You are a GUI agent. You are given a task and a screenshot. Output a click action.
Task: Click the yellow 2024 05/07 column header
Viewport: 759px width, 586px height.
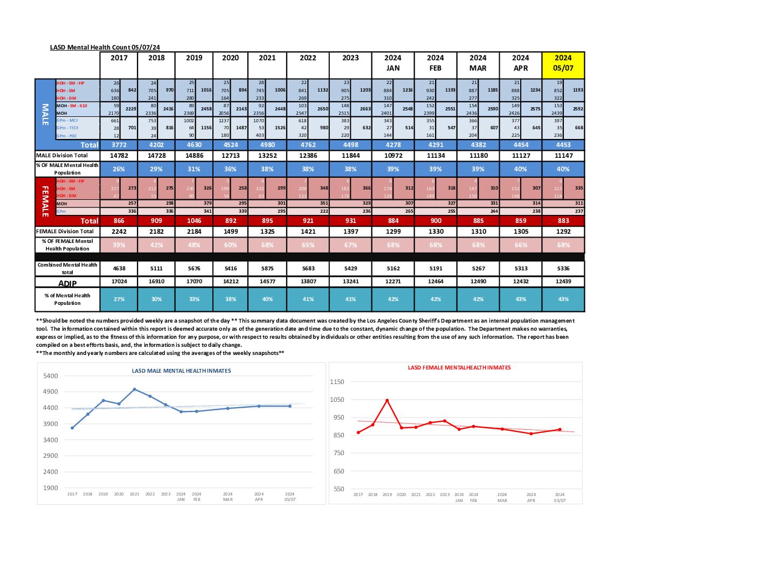point(563,63)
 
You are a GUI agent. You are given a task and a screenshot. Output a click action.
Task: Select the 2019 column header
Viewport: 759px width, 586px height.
point(194,58)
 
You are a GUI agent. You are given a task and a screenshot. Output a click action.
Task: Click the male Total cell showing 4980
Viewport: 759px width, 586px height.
point(267,145)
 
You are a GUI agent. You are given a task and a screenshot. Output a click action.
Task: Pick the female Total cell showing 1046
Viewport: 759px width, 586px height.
point(194,221)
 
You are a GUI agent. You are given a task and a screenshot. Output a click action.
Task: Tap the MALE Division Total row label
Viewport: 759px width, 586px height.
point(62,156)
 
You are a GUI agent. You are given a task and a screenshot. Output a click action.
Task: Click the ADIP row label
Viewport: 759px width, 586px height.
point(67,283)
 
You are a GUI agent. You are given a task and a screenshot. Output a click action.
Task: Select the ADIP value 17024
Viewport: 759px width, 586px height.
point(119,282)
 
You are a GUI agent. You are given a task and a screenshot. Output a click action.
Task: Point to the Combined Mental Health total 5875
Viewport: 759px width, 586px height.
point(267,268)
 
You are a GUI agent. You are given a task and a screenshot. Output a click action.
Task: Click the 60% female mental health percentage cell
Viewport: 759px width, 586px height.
point(230,245)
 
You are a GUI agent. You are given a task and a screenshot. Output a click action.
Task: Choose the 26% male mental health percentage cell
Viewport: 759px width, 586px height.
point(119,169)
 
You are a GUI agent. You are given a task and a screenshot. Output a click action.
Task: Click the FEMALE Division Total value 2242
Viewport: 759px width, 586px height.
point(119,232)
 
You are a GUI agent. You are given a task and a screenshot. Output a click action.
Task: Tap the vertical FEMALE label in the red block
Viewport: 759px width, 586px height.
point(45,201)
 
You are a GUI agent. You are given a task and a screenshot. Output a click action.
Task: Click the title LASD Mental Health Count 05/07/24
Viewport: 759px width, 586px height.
point(105,47)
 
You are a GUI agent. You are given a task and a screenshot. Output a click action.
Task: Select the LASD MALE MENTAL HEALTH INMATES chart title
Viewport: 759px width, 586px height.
point(181,371)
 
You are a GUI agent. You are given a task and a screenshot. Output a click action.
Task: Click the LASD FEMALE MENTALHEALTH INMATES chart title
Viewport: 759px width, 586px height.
point(459,368)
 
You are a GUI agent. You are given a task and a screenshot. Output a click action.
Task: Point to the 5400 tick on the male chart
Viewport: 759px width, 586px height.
point(51,376)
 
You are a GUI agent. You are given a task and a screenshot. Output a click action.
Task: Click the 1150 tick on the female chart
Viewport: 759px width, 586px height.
point(337,382)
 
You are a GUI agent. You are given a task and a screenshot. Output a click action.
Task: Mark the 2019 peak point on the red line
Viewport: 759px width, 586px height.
point(387,401)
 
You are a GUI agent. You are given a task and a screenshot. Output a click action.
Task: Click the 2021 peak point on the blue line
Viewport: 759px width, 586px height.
point(134,389)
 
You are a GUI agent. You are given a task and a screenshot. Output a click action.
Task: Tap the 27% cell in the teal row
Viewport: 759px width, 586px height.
point(119,299)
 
